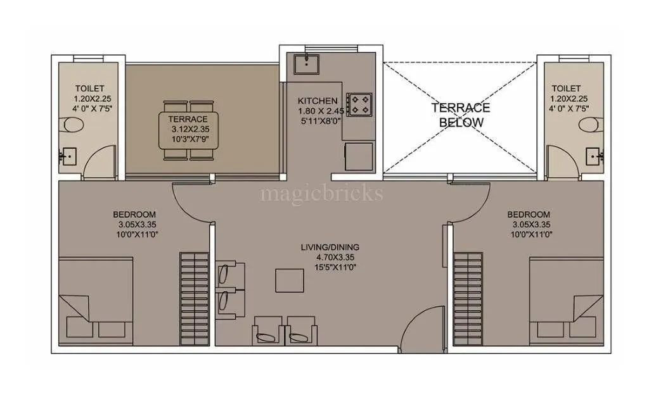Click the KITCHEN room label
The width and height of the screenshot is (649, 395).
(x=318, y=101)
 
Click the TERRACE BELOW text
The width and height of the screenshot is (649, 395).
(x=461, y=115)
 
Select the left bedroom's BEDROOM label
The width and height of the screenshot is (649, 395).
(x=134, y=215)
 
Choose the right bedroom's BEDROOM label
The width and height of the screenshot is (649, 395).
(x=529, y=215)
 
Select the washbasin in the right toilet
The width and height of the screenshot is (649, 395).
(x=594, y=154)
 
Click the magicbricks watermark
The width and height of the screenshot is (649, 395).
(x=322, y=192)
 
